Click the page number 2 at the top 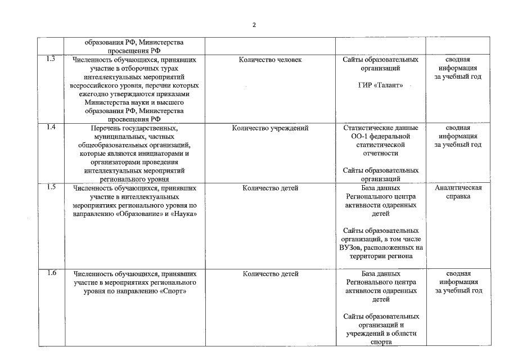click(x=254, y=25)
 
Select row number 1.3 click(x=51, y=59)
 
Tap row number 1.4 click(x=51, y=128)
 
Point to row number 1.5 click(x=51, y=187)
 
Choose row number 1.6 click(x=51, y=273)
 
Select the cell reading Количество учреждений click(x=270, y=128)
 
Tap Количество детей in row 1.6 click(x=270, y=274)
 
